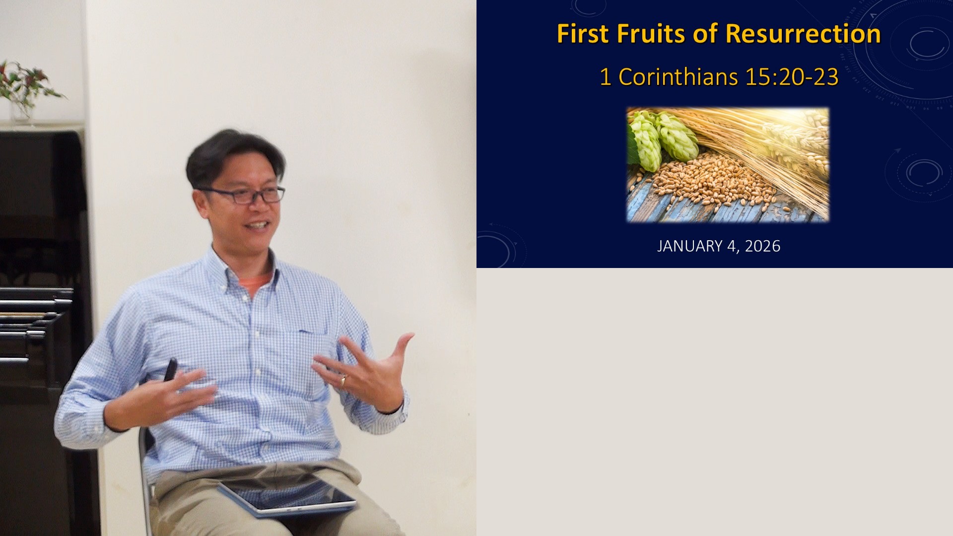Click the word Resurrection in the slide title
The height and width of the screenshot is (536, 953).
coord(803,34)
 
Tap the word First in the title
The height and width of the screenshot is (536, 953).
coord(583,34)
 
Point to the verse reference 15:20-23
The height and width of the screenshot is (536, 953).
coord(792,77)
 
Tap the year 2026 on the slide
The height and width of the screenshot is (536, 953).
coord(762,246)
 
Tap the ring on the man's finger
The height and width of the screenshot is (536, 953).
coord(342,380)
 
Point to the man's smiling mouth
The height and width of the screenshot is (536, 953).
coord(258,226)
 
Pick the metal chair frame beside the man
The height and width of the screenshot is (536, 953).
coord(145,476)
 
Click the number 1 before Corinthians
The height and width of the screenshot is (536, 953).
coord(605,77)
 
